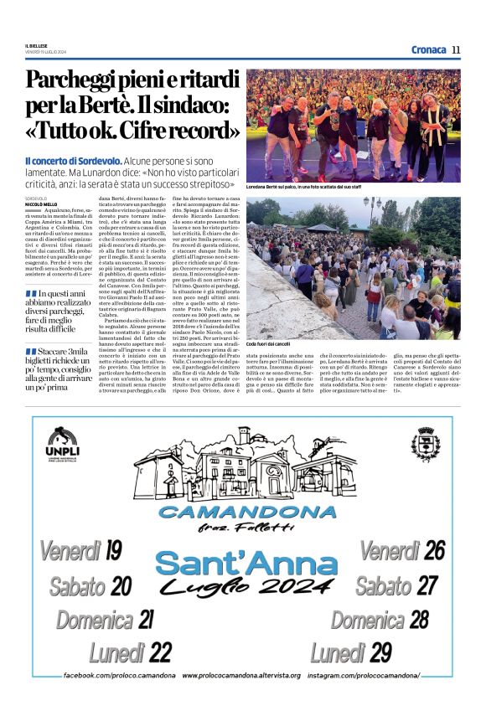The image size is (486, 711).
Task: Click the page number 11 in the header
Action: click(x=456, y=49)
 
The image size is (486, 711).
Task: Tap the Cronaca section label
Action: click(x=428, y=49)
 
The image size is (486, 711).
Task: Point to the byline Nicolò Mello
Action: click(x=41, y=204)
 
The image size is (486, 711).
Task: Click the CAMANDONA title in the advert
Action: click(x=247, y=511)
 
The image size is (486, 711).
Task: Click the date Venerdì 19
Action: click(x=80, y=550)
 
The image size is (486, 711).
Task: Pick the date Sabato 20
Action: click(x=90, y=585)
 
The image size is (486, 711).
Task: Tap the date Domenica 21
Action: click(x=104, y=619)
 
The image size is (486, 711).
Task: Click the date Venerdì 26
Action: click(x=402, y=550)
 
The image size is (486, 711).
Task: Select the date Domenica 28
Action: click(x=379, y=619)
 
